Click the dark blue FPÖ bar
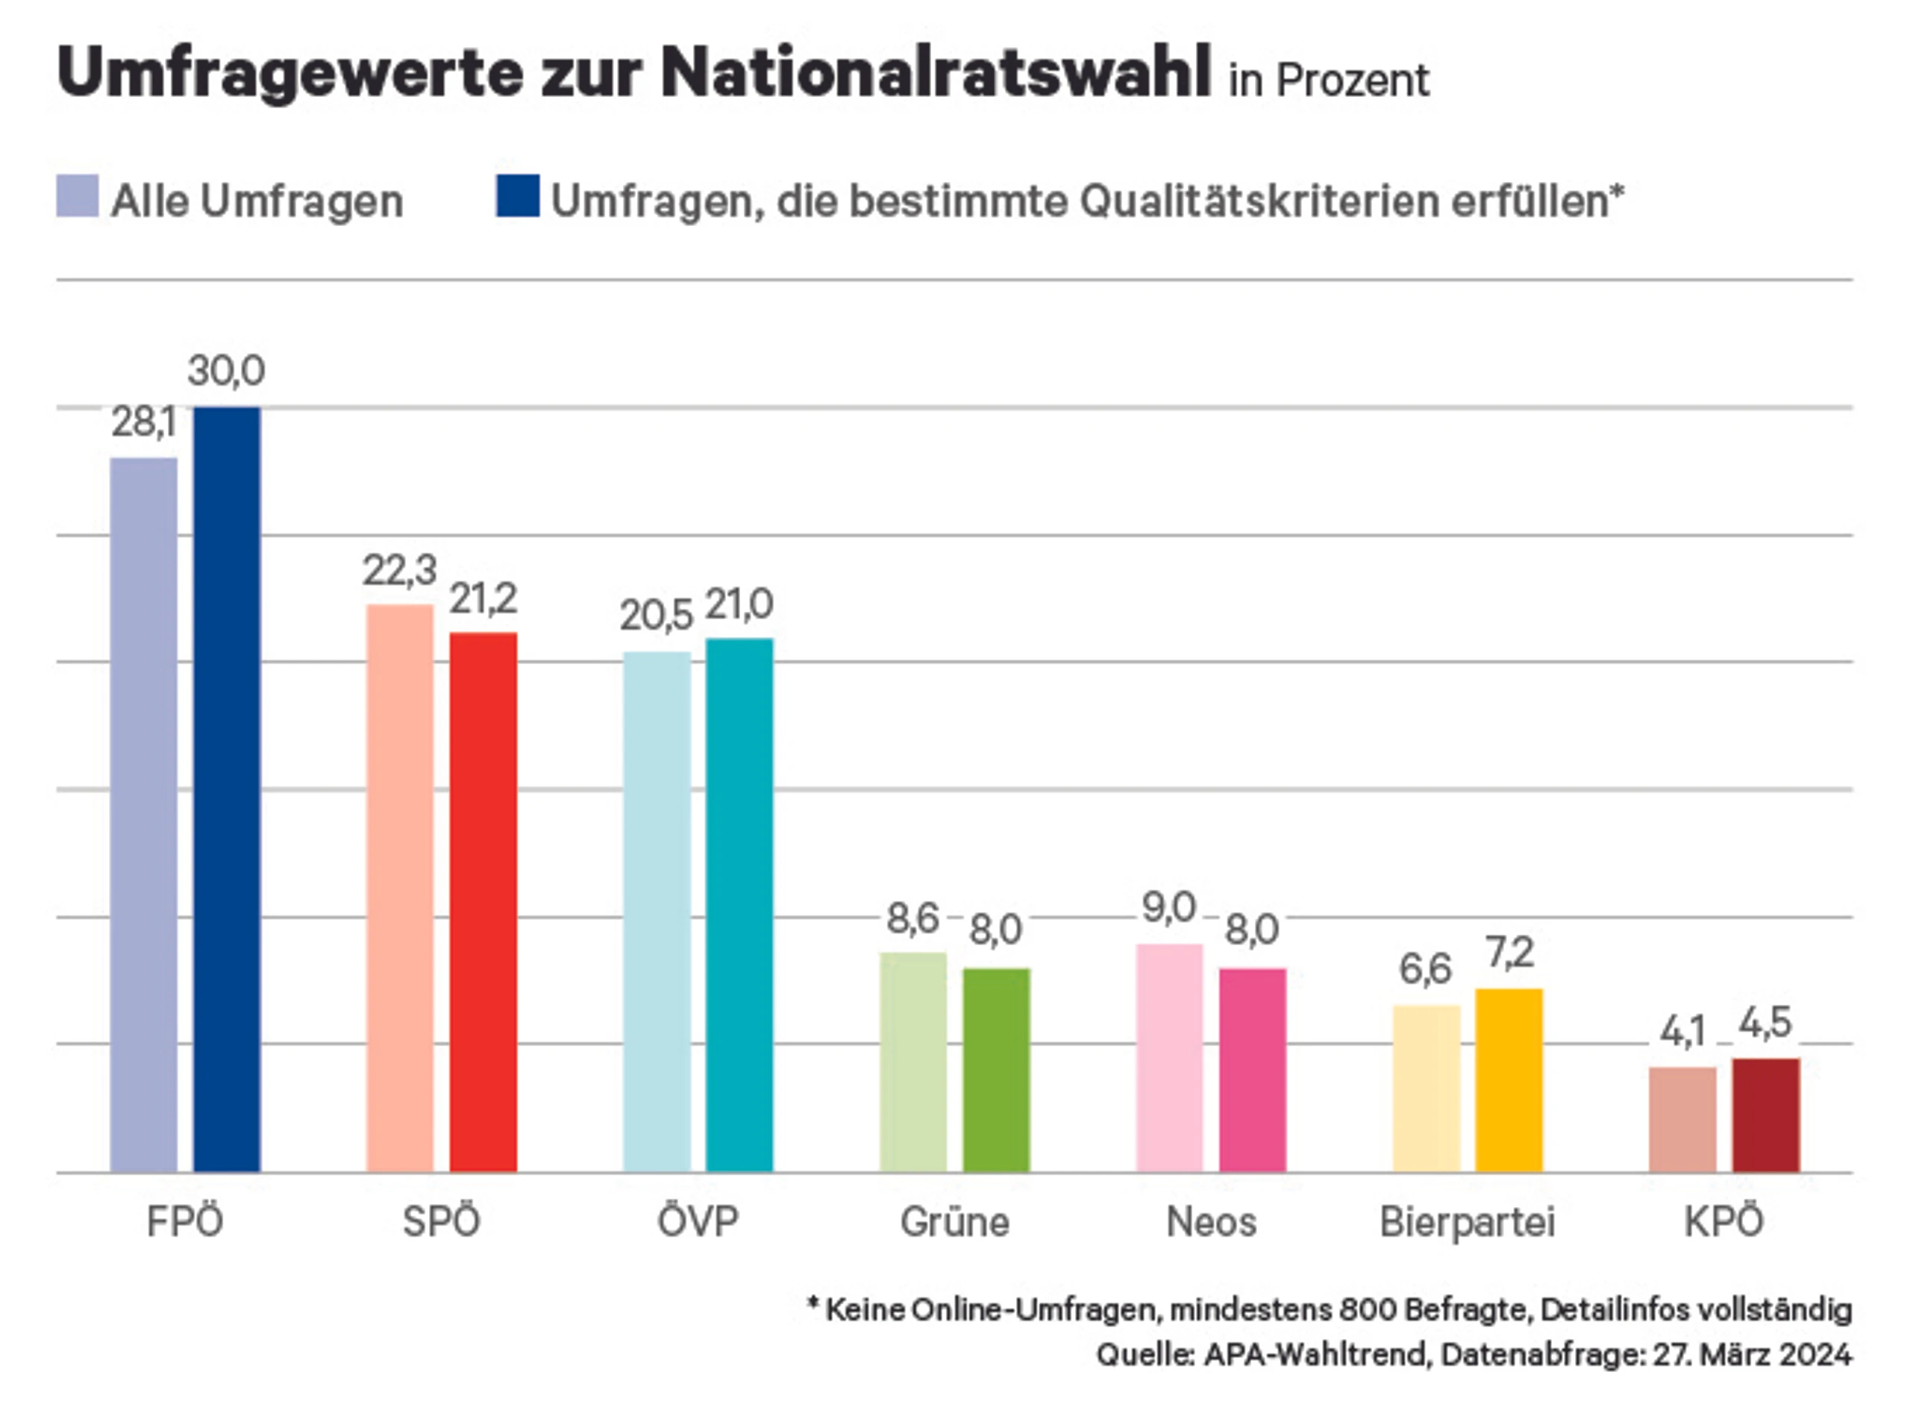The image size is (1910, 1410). [227, 789]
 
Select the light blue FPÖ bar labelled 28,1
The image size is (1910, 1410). [144, 815]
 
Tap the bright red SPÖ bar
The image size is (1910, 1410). [484, 902]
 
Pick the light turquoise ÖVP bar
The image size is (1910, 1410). [657, 912]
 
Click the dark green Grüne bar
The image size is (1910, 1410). [997, 1071]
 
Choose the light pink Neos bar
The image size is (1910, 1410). [1170, 1059]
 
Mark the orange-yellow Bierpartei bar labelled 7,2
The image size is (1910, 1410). [1510, 1080]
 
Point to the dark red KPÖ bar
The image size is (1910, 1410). [1766, 1115]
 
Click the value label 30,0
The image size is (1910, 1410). [226, 372]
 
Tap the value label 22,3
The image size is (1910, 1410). [399, 570]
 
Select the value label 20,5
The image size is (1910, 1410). [657, 615]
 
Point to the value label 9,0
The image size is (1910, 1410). [1169, 907]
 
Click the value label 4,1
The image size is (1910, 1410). [1682, 1033]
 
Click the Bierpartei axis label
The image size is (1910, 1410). [1468, 1222]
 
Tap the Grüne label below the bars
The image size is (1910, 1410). [955, 1222]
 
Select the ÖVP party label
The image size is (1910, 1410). [698, 1221]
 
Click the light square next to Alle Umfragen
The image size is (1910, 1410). [78, 196]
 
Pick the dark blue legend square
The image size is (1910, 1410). [518, 196]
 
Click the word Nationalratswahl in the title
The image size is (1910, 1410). [936, 72]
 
